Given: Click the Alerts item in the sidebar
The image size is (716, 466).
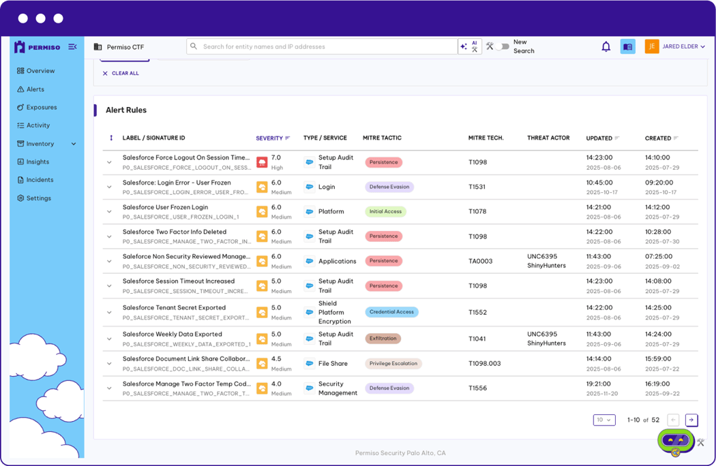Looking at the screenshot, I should click(35, 89).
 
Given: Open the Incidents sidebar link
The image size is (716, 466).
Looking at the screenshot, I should click(40, 180).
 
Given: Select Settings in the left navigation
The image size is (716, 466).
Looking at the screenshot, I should click(38, 198).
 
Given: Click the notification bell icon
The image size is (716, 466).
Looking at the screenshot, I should click(606, 46).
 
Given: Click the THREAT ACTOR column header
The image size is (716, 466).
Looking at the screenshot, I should click(548, 138).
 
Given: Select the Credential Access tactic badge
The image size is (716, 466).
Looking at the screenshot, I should click(391, 312).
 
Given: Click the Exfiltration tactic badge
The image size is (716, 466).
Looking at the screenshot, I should click(383, 339).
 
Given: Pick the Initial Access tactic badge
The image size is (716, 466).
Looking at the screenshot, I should click(385, 212).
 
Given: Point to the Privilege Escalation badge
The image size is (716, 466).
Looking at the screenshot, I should click(393, 364).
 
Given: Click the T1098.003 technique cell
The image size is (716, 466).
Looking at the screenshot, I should click(484, 364).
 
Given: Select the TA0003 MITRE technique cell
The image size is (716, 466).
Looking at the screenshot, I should click(480, 261).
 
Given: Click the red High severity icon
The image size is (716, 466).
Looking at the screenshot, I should click(262, 162).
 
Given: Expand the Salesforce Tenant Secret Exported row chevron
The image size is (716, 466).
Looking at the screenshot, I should click(109, 313).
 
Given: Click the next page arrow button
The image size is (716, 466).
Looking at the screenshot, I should click(691, 420).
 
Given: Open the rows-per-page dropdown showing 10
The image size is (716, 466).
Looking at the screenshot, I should click(604, 420).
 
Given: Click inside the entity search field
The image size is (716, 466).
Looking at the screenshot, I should click(320, 46).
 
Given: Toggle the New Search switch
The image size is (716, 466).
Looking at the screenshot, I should click(503, 46).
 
